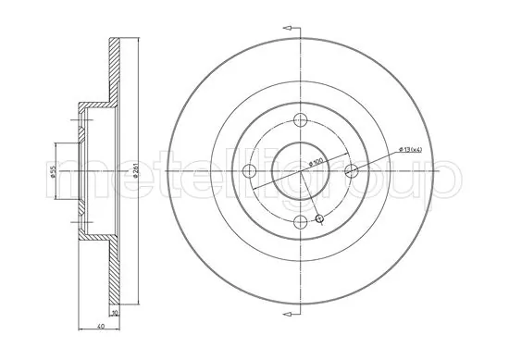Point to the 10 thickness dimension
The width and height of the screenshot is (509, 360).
tap(114, 313)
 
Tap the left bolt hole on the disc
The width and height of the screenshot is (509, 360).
tap(248, 171)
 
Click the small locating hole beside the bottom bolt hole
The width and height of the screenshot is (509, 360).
tap(319, 218)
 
